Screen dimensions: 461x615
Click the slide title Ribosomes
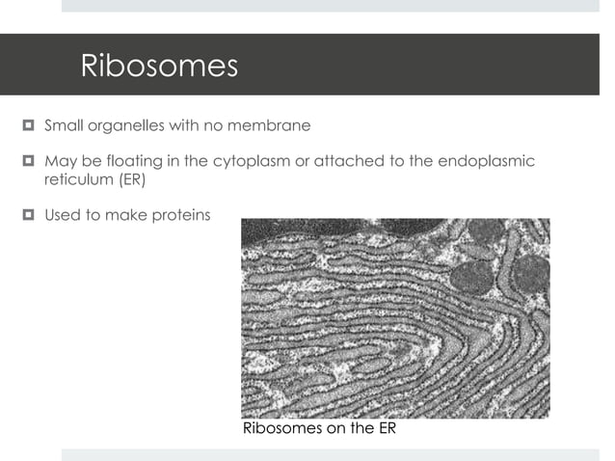[159, 66]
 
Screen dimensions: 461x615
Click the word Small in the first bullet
[64, 125]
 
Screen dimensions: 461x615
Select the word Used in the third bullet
[63, 214]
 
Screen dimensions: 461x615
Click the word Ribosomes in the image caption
[281, 429]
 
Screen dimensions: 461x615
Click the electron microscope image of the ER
[394, 318]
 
